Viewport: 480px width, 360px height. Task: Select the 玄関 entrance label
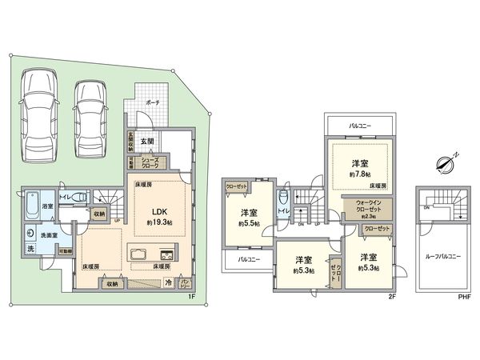(x=148, y=142)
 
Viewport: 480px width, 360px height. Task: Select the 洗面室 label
(x=38, y=237)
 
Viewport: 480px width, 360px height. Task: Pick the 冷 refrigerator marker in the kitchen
(x=168, y=282)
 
